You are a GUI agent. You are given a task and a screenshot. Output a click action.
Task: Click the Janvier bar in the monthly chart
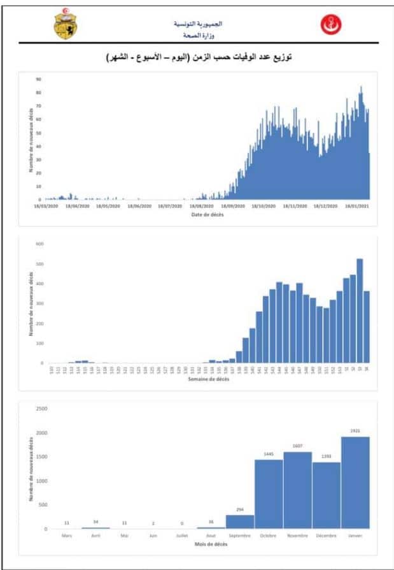355,483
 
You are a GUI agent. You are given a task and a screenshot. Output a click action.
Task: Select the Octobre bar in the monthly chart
269,494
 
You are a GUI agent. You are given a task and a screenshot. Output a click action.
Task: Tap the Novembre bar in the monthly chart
298,490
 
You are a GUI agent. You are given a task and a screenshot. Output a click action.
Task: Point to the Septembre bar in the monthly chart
240,522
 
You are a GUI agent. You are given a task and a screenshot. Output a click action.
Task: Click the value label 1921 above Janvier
355,430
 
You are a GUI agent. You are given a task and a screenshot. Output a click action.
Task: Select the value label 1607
298,446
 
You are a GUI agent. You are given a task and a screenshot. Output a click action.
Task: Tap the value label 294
240,509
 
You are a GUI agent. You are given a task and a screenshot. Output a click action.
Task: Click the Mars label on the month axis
67,536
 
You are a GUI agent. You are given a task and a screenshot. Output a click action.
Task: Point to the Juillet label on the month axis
182,536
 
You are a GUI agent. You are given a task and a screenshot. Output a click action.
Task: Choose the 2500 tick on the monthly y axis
41,409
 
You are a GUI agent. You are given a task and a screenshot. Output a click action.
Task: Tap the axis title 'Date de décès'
208,214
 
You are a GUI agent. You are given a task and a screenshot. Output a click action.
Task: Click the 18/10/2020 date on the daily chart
263,206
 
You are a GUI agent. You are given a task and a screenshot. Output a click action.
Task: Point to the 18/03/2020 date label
47,206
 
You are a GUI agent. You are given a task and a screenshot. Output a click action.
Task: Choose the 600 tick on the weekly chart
39,244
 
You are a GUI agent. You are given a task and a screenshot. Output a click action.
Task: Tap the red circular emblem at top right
330,24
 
